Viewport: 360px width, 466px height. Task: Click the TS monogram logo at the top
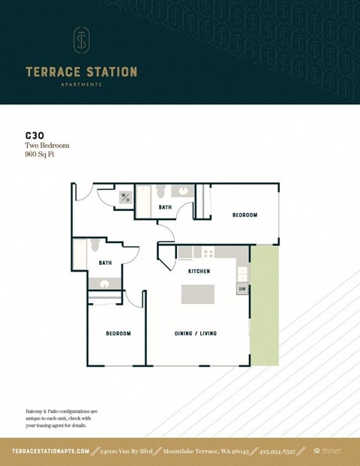(81, 41)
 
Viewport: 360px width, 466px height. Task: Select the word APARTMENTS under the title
(81, 85)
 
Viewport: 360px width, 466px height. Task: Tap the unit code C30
(33, 137)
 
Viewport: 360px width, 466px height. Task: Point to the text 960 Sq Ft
(40, 154)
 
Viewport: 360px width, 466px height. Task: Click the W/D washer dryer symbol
(125, 198)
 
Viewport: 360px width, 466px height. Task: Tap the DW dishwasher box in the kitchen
(242, 289)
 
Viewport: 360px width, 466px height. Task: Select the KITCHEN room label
(198, 271)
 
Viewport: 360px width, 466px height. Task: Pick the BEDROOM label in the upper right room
(244, 215)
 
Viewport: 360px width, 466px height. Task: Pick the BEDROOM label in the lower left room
(118, 333)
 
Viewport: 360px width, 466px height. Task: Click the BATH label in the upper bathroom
(165, 208)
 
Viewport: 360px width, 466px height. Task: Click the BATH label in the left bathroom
(105, 263)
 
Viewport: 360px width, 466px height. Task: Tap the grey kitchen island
(198, 294)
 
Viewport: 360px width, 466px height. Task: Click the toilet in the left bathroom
(94, 246)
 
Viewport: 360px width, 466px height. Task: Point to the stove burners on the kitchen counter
(207, 253)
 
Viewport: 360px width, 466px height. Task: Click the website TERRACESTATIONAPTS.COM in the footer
(51, 451)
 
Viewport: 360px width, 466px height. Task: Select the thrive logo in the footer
(328, 451)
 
